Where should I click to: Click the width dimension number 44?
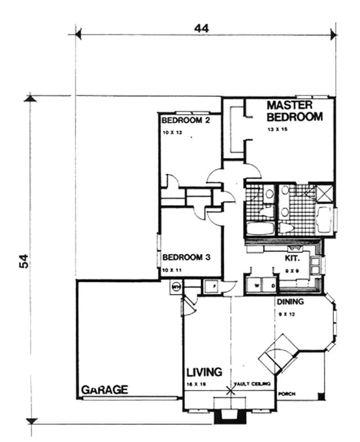pos(202,28)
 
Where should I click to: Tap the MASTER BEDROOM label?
pos(295,111)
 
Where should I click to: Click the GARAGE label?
pos(104,389)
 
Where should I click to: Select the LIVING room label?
pos(205,372)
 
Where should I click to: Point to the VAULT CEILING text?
pos(252,384)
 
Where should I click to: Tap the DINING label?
pos(290,302)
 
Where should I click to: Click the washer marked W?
pos(255,285)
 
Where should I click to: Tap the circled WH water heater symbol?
pos(176,286)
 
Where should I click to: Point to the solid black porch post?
pos(320,396)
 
